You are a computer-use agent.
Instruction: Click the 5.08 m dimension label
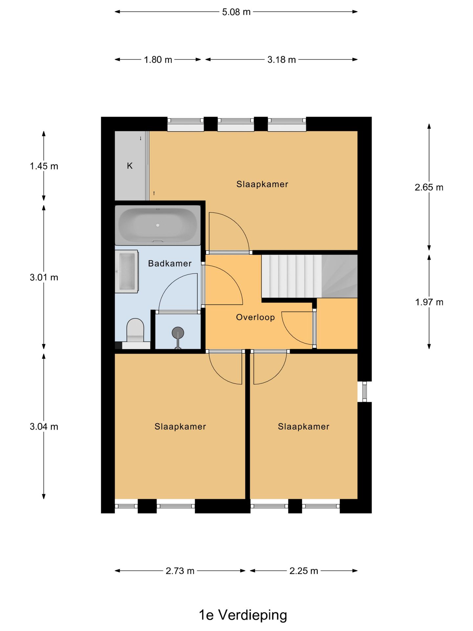click(236, 12)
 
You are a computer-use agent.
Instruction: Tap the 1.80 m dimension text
click(158, 60)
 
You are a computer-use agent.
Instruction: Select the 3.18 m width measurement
click(282, 60)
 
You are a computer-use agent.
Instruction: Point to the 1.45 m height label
click(44, 166)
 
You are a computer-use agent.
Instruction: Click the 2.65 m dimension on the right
click(429, 187)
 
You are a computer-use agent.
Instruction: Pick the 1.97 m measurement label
click(429, 302)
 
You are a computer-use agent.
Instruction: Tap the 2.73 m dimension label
click(180, 571)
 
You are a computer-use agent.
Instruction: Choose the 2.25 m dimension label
click(304, 571)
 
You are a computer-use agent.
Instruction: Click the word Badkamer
click(170, 264)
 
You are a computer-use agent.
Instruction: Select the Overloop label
click(256, 317)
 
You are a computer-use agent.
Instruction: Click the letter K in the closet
click(130, 166)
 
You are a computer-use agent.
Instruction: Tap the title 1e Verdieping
click(243, 615)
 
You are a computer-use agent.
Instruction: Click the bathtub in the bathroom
click(158, 225)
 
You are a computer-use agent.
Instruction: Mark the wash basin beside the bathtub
click(126, 271)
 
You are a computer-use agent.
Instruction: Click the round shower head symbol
click(178, 333)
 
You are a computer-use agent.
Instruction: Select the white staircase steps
click(292, 277)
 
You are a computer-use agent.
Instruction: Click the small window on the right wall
click(364, 391)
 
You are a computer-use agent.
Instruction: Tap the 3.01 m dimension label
click(44, 278)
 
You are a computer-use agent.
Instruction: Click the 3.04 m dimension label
click(44, 427)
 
